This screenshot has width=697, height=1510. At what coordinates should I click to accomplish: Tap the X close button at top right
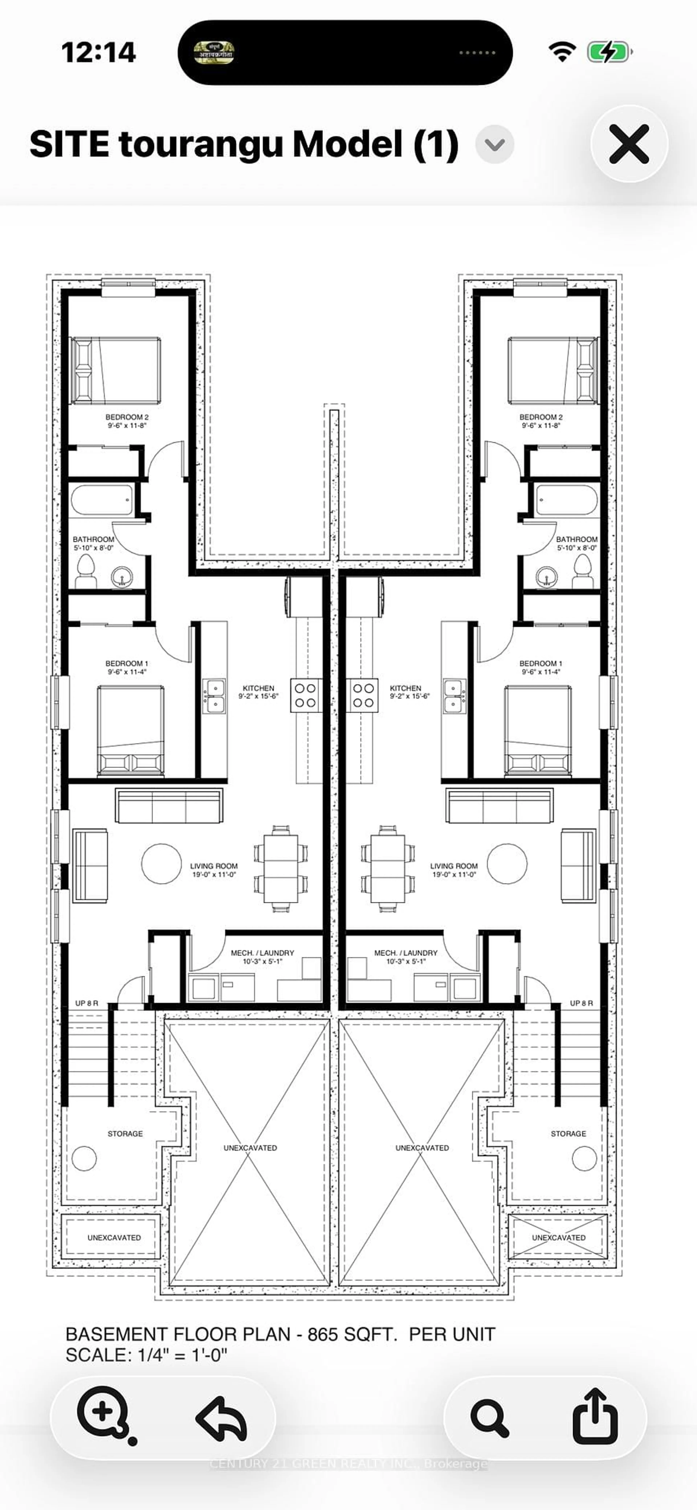point(629,144)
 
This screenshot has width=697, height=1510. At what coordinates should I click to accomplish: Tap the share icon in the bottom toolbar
point(595,1417)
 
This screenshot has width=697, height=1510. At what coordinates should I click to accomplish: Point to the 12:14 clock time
point(99,53)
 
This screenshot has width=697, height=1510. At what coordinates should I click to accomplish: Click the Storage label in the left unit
point(125,1134)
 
